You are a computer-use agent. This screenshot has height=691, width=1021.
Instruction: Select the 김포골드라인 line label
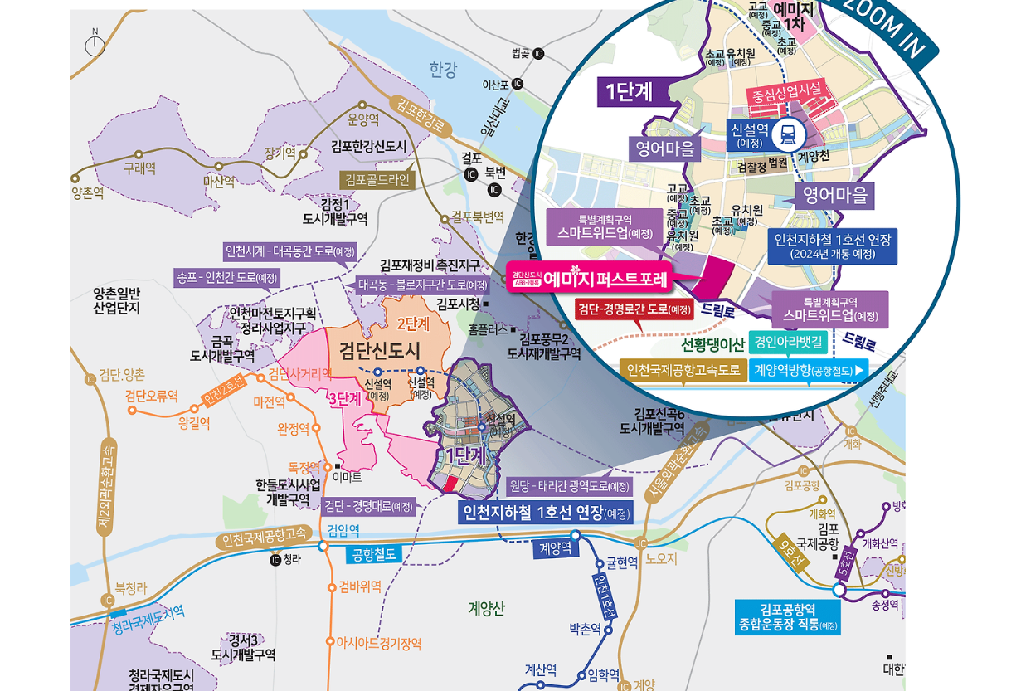[377, 178]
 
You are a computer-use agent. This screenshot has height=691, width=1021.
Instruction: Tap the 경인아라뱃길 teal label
[789, 341]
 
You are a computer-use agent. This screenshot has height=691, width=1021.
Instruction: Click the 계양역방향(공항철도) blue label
[809, 370]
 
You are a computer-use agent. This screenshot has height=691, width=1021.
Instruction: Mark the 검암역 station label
[343, 529]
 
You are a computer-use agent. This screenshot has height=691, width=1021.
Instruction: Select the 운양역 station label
[363, 119]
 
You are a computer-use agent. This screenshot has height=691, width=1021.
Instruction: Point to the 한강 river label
[443, 70]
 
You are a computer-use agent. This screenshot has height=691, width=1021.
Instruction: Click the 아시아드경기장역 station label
[378, 643]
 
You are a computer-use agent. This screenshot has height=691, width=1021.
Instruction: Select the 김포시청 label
[458, 304]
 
